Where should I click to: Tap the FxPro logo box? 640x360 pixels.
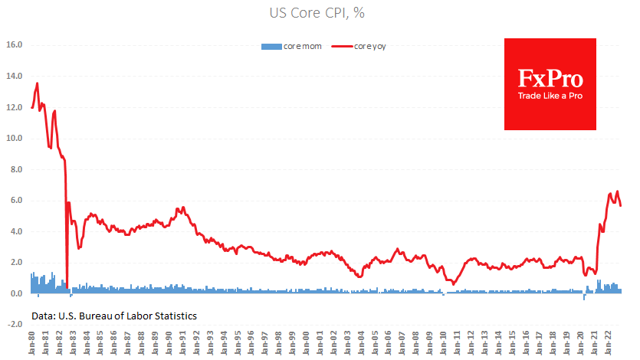[550, 83]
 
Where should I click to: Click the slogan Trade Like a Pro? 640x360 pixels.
[550, 95]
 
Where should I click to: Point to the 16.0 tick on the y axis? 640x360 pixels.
[15, 45]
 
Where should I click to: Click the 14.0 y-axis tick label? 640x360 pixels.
[15, 76]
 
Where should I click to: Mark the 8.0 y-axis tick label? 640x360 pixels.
[16, 169]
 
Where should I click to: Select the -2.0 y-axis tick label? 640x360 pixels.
[15, 325]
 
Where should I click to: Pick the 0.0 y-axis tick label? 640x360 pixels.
[16, 293]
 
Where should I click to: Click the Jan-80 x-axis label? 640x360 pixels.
[31, 342]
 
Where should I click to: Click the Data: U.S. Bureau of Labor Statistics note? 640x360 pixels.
[114, 316]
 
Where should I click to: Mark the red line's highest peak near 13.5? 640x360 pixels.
[37, 83]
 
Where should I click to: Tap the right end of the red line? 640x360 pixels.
[621, 205]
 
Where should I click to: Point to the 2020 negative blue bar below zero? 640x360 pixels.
[584, 296]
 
